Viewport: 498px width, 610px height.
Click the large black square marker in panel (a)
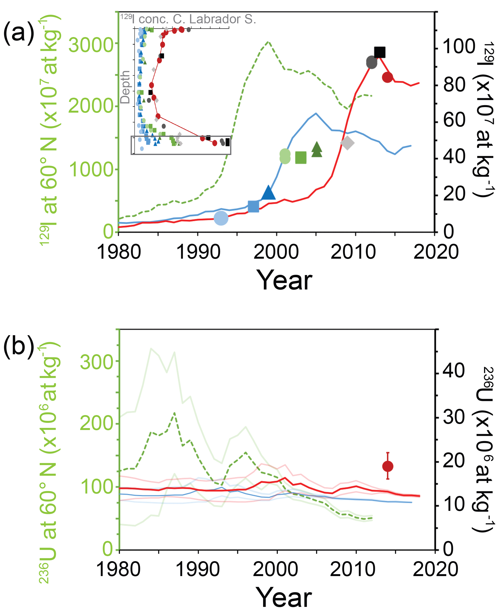[379, 52]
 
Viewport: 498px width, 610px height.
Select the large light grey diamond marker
[347, 143]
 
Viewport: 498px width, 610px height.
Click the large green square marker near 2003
[301, 158]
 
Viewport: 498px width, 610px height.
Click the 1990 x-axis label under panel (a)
[198, 252]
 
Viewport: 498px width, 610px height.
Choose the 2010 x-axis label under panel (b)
[352, 569]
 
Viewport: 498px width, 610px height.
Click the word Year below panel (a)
[284, 280]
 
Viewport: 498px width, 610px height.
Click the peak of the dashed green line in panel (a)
[268, 42]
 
